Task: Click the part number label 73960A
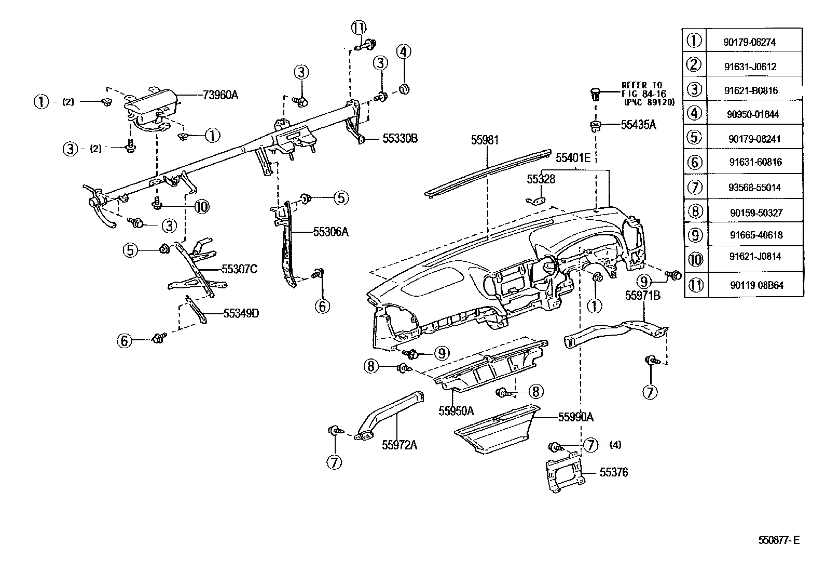[x=221, y=95]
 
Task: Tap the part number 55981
[x=485, y=140]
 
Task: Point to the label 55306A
[x=331, y=232]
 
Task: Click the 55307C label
[x=239, y=269]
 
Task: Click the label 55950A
[x=456, y=411]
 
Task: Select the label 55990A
[x=575, y=417]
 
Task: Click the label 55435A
[x=639, y=125]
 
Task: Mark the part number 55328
[x=541, y=179]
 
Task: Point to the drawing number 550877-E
[x=779, y=540]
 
